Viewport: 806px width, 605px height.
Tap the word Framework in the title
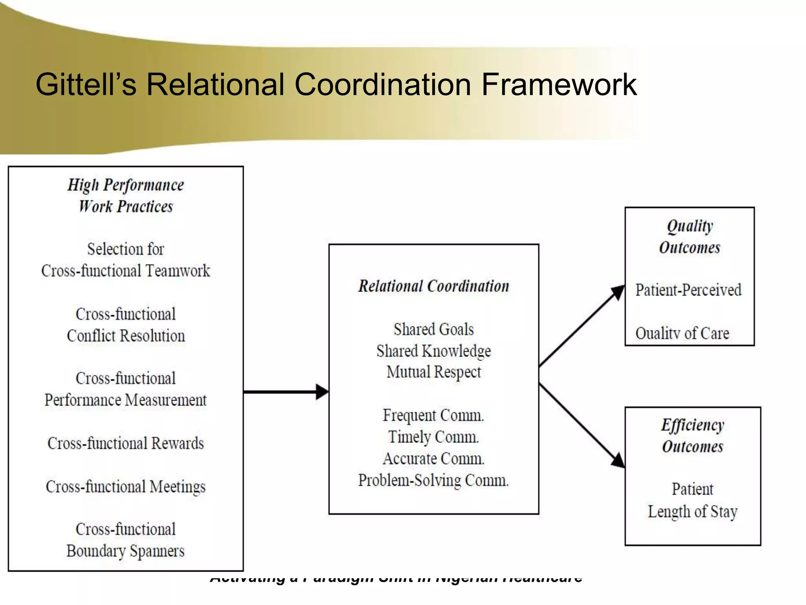point(559,84)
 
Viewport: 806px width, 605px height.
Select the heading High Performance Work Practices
point(126,196)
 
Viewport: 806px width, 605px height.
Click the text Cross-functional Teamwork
point(126,271)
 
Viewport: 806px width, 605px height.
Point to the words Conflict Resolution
point(126,336)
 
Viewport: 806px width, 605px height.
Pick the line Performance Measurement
point(126,400)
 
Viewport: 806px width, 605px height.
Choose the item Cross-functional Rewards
point(126,444)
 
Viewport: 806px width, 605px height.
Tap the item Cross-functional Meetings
point(126,487)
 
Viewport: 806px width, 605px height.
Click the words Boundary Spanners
point(126,551)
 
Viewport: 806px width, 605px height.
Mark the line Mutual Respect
point(433,372)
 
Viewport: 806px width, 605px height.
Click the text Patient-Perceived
point(688,290)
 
